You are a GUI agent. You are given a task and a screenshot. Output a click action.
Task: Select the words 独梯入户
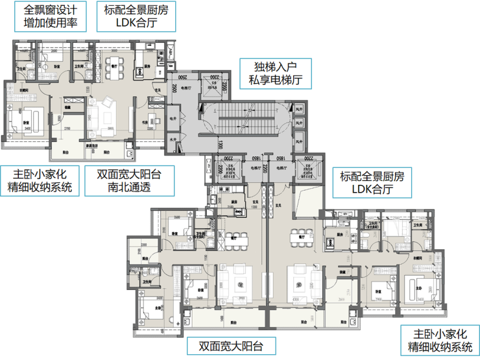(274, 66)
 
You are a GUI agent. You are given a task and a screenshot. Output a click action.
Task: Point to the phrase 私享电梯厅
(274, 80)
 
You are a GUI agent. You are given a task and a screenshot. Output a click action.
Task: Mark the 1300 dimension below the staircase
(221, 144)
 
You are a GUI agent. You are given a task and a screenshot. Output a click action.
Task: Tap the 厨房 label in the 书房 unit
(147, 66)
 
